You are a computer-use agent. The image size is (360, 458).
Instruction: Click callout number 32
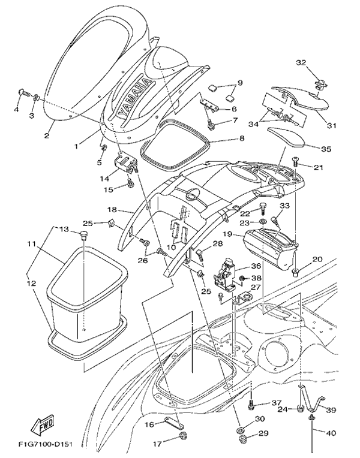tap(301, 62)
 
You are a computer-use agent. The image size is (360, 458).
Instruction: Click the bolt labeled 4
tap(23, 92)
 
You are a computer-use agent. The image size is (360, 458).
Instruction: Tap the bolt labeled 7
tap(211, 125)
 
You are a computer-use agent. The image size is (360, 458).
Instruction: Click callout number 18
tap(112, 210)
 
